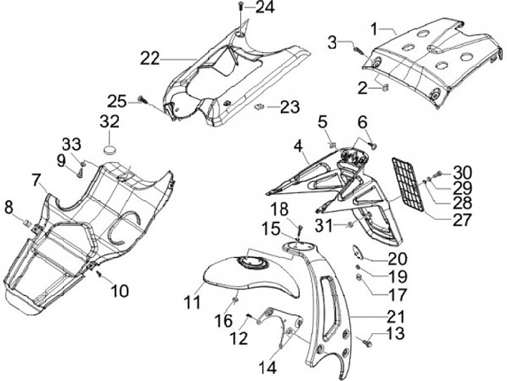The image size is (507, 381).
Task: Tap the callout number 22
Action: [149, 58]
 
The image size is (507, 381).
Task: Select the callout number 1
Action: [384, 29]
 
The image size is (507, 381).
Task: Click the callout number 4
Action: [298, 146]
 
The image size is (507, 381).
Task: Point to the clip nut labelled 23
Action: [259, 108]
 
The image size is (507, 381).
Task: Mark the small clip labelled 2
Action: [385, 88]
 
